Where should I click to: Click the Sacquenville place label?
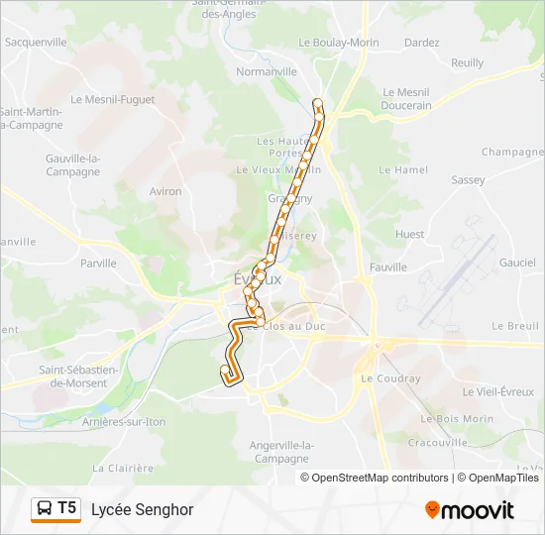point(36,43)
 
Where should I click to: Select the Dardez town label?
point(421,43)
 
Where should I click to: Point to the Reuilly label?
point(468,62)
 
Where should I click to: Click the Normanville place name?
point(267,72)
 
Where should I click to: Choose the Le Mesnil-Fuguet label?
point(113,99)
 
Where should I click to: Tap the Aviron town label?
point(165,191)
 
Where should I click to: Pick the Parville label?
point(98,264)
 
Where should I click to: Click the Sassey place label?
point(468,180)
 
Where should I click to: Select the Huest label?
point(409,235)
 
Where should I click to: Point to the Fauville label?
point(387,267)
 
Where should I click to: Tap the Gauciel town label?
point(517,263)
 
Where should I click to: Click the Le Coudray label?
point(390,378)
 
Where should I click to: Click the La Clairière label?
point(123,468)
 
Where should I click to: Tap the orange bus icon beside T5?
point(46,509)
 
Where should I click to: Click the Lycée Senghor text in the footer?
point(142,509)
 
